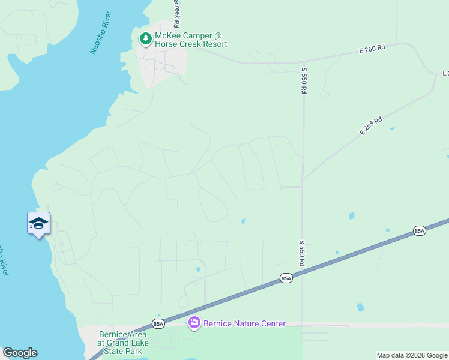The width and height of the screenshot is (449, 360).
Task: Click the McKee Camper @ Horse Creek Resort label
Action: click(191, 40)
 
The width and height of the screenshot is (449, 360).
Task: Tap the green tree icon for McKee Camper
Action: click(145, 39)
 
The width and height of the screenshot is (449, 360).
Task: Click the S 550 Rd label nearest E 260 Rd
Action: click(304, 80)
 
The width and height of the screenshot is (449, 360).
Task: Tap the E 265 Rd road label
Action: click(371, 125)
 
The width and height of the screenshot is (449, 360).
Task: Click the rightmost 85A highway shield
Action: click(420, 231)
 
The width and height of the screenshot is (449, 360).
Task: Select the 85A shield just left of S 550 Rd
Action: click(286, 278)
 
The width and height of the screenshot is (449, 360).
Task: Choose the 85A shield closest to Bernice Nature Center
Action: click(158, 324)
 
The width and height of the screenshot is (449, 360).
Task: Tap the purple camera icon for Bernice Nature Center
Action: click(194, 324)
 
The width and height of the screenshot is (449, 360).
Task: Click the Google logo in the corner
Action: click(20, 353)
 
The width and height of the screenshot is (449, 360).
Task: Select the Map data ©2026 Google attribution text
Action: click(412, 355)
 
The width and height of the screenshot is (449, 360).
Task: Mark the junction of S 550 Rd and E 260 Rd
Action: click(304, 61)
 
